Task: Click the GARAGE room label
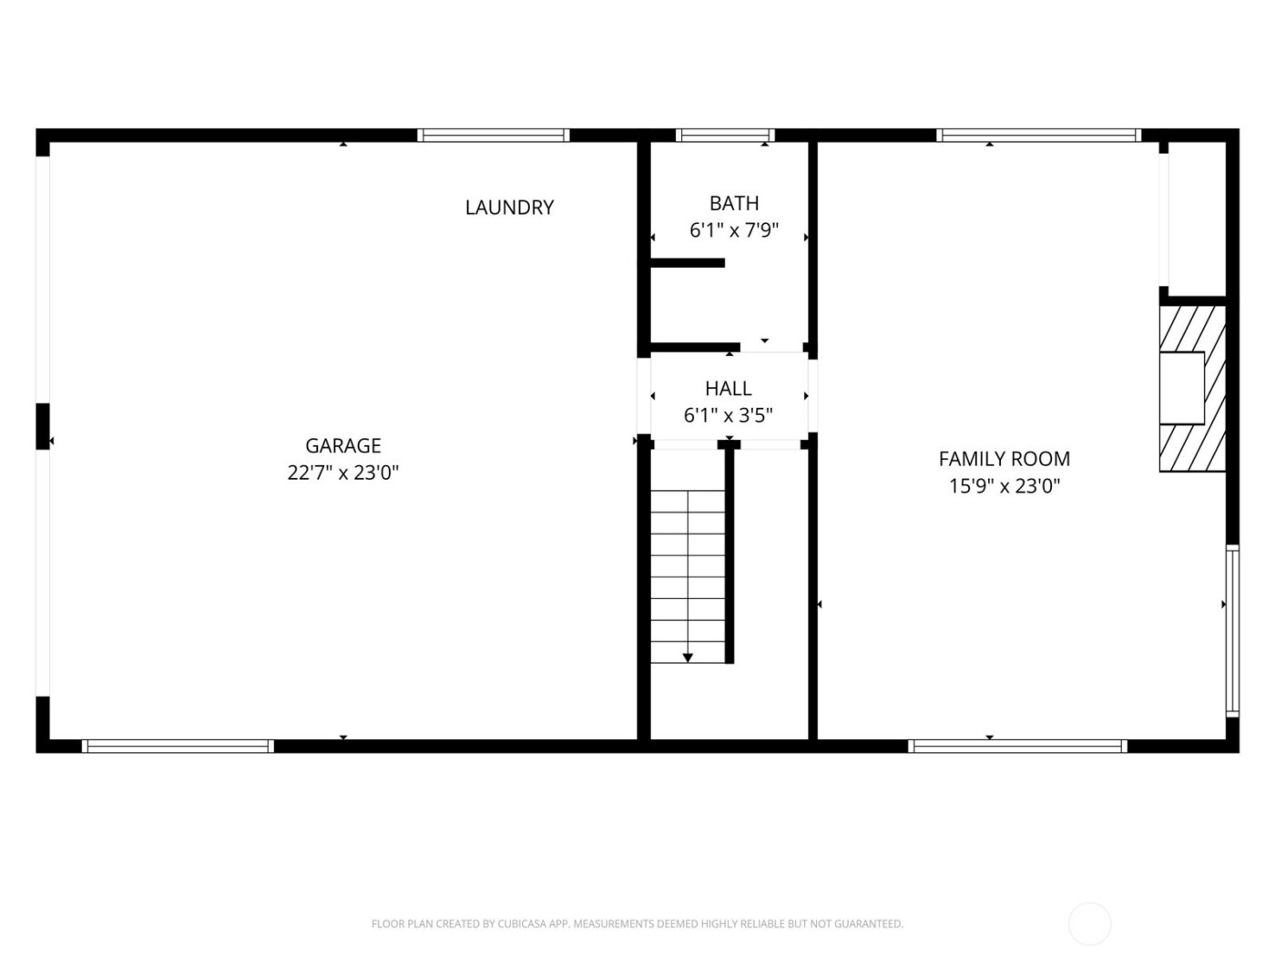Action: [342, 445]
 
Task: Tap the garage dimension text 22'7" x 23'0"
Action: [342, 473]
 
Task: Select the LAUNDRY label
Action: [509, 208]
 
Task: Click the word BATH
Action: [733, 203]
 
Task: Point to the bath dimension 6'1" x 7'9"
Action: [733, 230]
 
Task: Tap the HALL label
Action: [728, 389]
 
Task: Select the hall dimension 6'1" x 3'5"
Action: [728, 416]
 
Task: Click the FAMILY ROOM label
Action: [1004, 459]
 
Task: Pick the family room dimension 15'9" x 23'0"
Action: [1004, 486]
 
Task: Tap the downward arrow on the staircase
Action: [688, 656]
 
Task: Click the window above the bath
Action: [725, 136]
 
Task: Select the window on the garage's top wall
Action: [494, 136]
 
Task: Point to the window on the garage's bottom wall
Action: [178, 746]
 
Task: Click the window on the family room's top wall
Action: [1038, 136]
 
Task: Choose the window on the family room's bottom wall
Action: [1017, 746]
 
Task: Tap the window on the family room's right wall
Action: [1231, 630]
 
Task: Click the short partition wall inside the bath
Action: [688, 263]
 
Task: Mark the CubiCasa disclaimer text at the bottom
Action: [637, 924]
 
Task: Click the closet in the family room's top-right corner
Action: [1197, 219]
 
